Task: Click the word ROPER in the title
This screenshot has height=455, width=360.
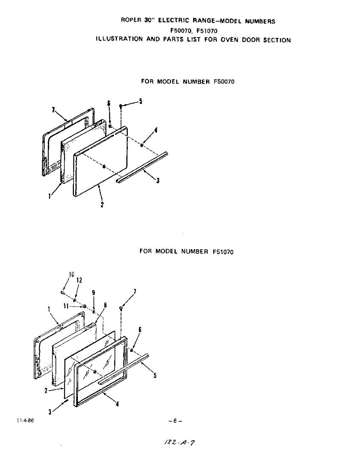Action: click(131, 20)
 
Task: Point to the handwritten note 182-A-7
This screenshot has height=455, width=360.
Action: click(180, 442)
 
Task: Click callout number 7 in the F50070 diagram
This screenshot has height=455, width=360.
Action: click(53, 110)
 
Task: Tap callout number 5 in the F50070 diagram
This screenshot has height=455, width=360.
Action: click(140, 101)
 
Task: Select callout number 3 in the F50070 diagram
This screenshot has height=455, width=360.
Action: click(158, 181)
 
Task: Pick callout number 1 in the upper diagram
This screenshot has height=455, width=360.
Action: click(49, 196)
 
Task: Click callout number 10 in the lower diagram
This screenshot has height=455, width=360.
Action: click(71, 274)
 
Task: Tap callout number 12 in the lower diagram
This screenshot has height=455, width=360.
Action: click(79, 281)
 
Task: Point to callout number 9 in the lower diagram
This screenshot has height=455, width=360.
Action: click(93, 293)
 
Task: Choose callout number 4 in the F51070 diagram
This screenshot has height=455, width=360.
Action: click(117, 404)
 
